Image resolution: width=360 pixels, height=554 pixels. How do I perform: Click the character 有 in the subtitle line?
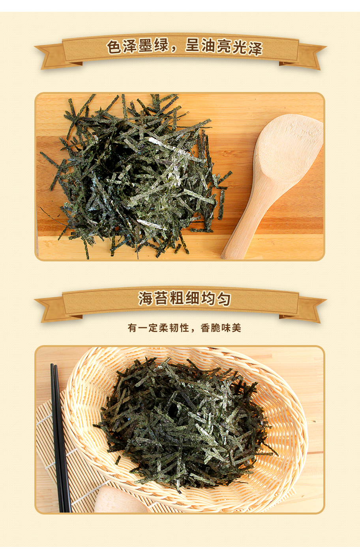(133, 328)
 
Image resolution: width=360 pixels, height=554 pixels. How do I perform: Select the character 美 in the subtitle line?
(236, 328)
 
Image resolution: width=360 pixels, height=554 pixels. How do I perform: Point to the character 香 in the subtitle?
(205, 328)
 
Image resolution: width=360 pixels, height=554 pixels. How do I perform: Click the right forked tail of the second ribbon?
(312, 309)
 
